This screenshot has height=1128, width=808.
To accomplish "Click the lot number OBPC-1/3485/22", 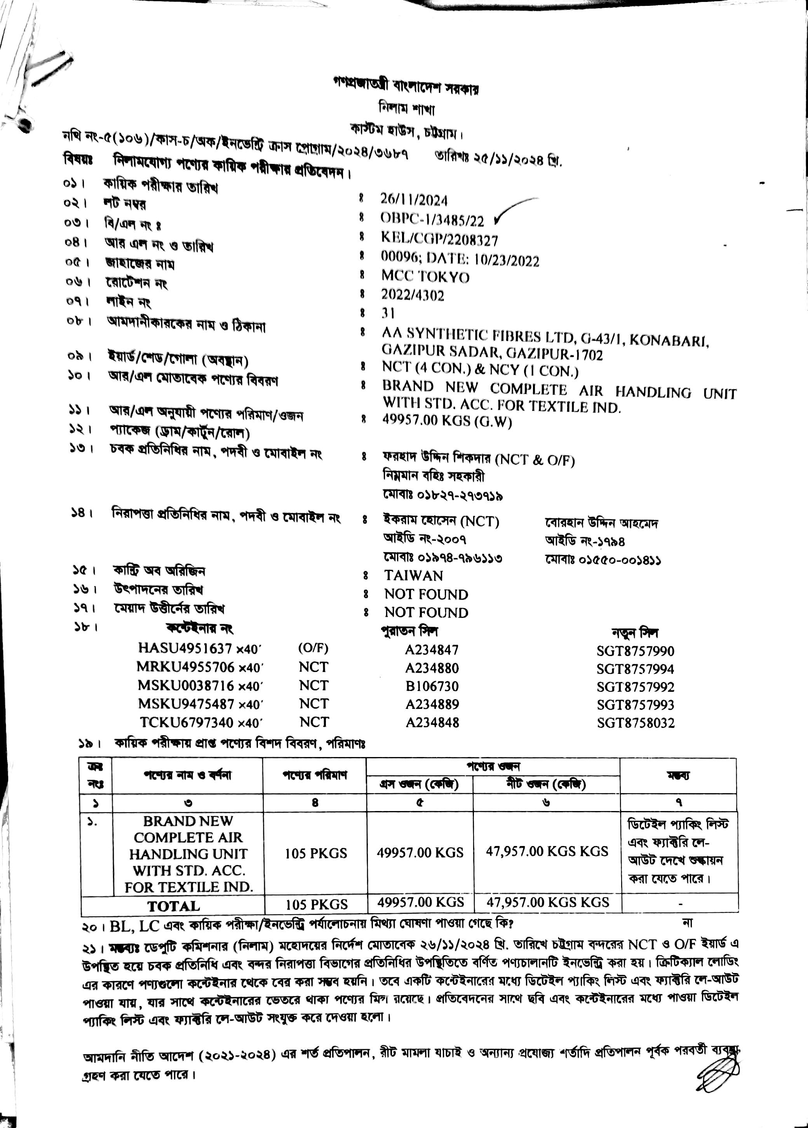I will [432, 219].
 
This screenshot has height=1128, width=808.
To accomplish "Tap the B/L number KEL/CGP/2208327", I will [439, 240].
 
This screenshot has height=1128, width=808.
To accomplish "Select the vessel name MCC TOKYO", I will [425, 277].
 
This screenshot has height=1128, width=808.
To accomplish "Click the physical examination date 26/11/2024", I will [414, 200].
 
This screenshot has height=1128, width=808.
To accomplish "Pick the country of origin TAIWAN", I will [413, 575].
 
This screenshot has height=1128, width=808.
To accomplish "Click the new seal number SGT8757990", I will [636, 651].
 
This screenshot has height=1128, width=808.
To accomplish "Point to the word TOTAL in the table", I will [174, 906].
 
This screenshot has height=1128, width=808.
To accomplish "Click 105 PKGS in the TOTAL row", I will [317, 904].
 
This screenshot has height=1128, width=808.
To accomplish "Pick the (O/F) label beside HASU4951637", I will [313, 648].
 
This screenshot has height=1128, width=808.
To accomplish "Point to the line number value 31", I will [388, 313].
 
